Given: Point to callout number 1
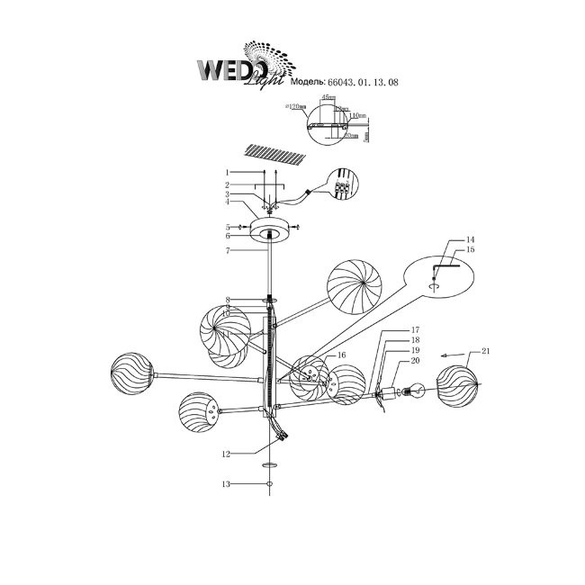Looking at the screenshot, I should pyautogui.click(x=229, y=172).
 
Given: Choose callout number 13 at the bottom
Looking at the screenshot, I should pyautogui.click(x=229, y=484).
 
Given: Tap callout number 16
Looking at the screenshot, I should pyautogui.click(x=341, y=356).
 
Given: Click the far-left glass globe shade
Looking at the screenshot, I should pyautogui.click(x=131, y=373).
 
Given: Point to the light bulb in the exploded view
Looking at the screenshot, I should pyautogui.click(x=416, y=391).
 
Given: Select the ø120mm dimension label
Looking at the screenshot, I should pyautogui.click(x=296, y=106).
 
